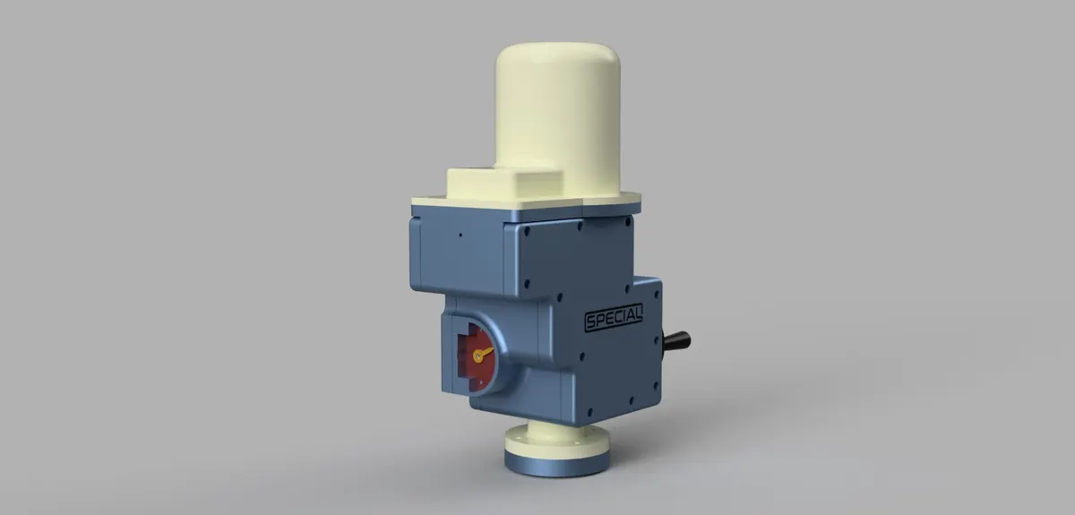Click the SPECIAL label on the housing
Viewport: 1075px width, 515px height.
click(x=614, y=317)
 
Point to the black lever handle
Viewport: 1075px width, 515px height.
click(x=676, y=340)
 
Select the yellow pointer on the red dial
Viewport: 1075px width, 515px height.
click(x=482, y=354)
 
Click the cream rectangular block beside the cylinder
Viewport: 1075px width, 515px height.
click(x=503, y=185)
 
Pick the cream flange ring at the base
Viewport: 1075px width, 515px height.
click(x=556, y=442)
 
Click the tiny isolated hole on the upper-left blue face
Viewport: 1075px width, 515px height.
click(x=460, y=236)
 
